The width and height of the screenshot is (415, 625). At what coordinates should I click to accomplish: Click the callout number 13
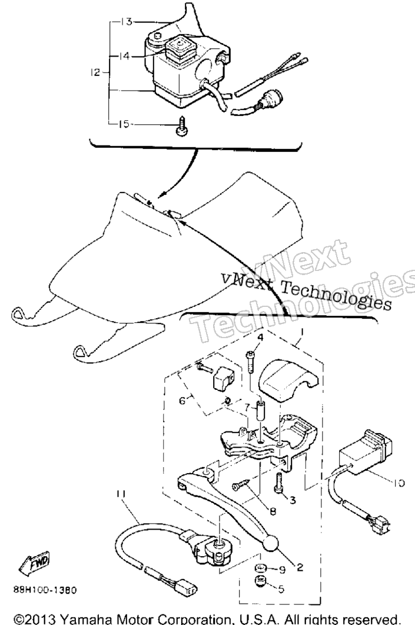click(126, 22)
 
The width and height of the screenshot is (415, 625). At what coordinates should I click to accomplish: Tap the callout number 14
click(124, 56)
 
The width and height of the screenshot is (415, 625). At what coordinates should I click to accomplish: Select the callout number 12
click(95, 72)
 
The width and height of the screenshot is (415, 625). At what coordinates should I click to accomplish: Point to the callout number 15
click(124, 124)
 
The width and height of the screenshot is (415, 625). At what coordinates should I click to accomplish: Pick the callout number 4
click(260, 337)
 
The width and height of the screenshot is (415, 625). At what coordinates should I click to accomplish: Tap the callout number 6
click(182, 400)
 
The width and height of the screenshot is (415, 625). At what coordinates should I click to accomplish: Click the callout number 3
click(293, 500)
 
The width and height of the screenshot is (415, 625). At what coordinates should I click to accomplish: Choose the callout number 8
click(273, 511)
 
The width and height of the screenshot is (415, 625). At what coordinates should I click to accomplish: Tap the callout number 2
click(299, 567)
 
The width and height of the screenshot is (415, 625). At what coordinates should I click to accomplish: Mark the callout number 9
click(283, 570)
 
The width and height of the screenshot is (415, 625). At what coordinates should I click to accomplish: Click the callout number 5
click(281, 588)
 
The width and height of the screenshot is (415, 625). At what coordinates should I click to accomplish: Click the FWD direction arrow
click(34, 563)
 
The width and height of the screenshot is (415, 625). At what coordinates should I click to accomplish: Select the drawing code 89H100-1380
click(45, 590)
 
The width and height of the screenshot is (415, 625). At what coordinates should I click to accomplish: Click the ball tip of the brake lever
click(271, 543)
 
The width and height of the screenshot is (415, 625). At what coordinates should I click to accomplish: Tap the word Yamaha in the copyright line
click(92, 619)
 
